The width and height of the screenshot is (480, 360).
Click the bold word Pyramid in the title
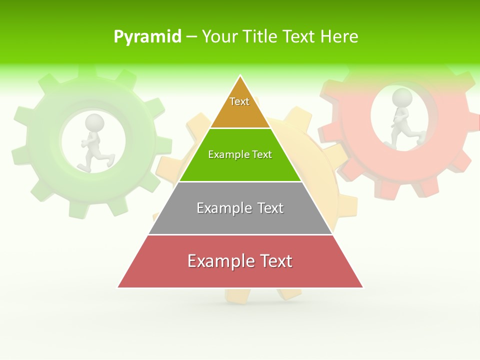click(x=147, y=37)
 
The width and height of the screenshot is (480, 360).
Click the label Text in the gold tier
click(x=239, y=101)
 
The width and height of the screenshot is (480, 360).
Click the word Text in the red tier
click(x=274, y=261)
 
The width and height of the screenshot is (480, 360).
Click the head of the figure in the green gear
click(x=94, y=122)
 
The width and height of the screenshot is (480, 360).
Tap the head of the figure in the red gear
click(x=402, y=97)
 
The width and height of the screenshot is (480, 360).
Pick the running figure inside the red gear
click(x=404, y=120)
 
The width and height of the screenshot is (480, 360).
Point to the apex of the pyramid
click(x=240, y=77)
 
